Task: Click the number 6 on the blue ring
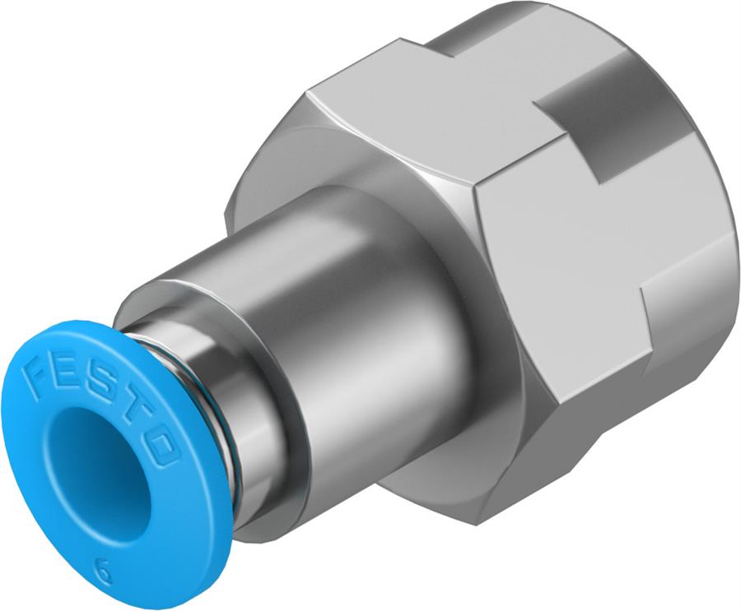coord(103,570)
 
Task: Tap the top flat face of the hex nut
coord(428,107)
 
